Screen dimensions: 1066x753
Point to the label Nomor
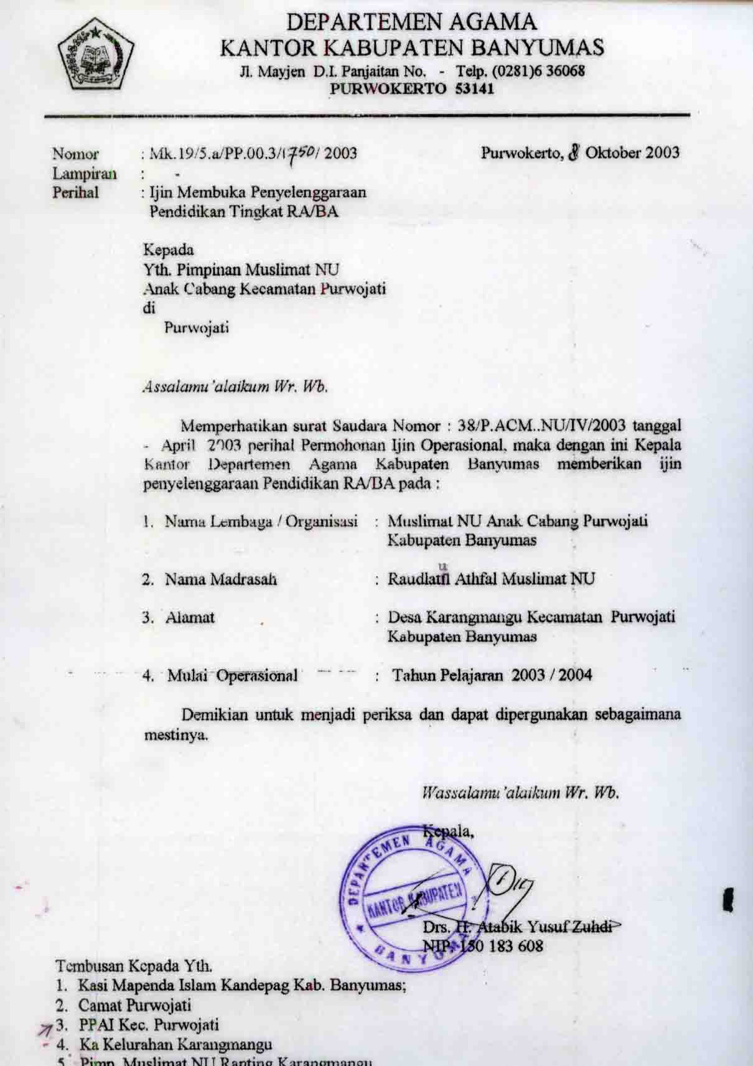pos(75,153)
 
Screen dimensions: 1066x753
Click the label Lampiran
pos(85,173)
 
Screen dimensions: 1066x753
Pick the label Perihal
pos(76,192)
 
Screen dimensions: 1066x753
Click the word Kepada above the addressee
pos(169,250)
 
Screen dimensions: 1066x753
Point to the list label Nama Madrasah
pos(220,579)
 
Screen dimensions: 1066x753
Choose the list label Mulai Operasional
pos(232,676)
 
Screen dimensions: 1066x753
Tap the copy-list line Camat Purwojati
pos(134,1005)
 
